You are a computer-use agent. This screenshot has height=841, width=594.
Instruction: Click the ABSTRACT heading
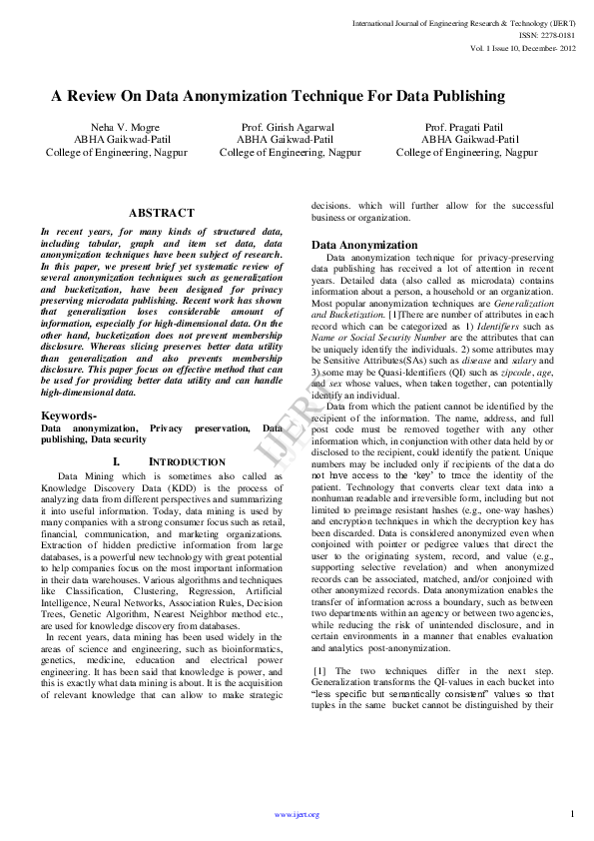pyautogui.click(x=162, y=213)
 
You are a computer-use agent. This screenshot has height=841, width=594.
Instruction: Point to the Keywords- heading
pyautogui.click(x=69, y=415)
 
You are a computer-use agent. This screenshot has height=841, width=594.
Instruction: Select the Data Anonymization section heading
pyautogui.click(x=364, y=245)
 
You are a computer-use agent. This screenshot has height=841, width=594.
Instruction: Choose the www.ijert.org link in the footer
pyautogui.click(x=297, y=814)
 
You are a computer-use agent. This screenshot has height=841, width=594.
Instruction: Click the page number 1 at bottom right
pyautogui.click(x=572, y=813)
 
